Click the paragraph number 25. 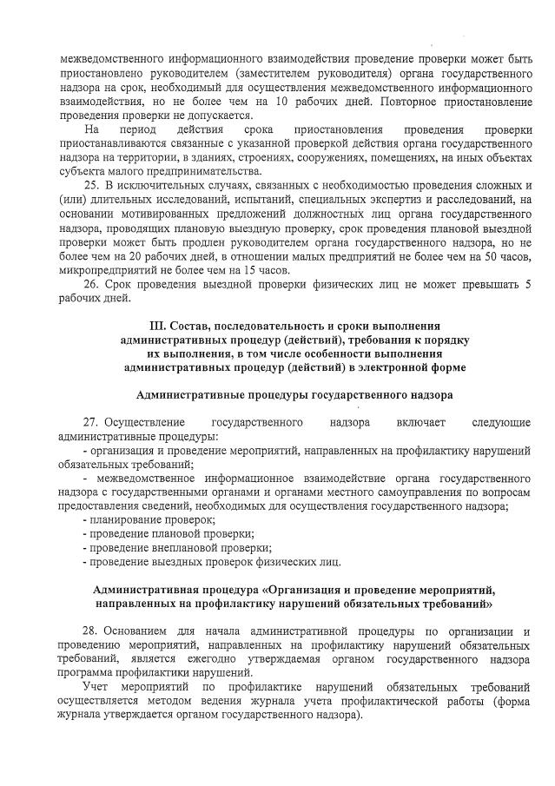point(89,186)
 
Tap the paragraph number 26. point(89,285)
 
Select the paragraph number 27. point(89,422)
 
